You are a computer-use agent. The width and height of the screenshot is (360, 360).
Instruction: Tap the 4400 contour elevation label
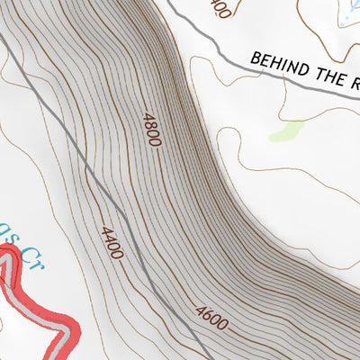[112, 243]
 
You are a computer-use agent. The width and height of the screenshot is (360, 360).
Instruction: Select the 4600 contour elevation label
[211, 318]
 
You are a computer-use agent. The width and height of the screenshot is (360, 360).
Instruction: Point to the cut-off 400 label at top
[217, 7]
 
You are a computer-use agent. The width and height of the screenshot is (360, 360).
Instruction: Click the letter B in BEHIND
[256, 58]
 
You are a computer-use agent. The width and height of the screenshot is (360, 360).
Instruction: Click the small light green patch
[285, 131]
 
